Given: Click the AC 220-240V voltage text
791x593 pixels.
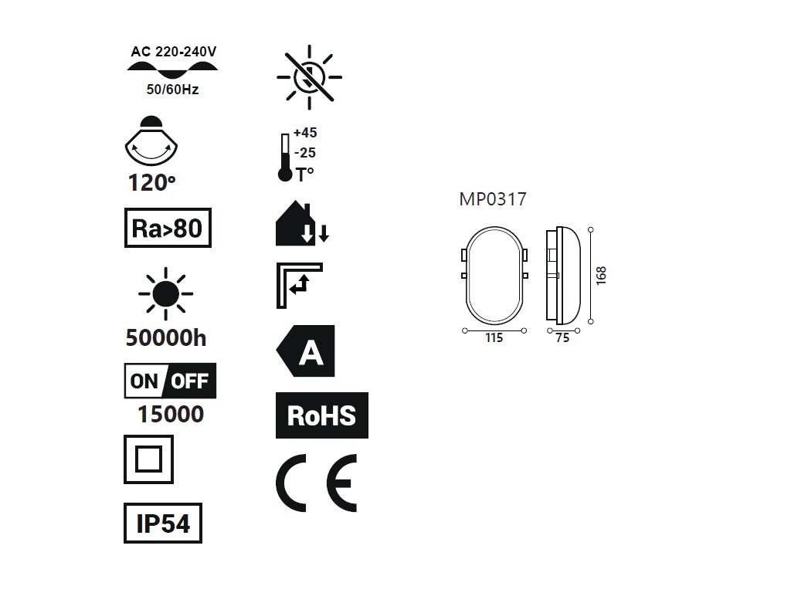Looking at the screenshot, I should (173, 53).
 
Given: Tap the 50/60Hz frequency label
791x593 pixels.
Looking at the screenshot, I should (172, 90).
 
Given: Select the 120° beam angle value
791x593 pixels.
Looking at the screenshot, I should (150, 183).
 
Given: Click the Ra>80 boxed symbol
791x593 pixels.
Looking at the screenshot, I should (168, 229).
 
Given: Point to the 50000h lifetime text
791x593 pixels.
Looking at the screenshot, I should (165, 337).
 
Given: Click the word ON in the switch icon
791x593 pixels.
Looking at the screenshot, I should (144, 381).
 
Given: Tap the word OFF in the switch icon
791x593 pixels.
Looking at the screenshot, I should (189, 381).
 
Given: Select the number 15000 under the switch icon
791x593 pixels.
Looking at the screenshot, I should (170, 415).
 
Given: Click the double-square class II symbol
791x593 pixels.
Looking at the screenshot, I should (148, 459).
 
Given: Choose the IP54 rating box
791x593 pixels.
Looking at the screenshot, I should (163, 524).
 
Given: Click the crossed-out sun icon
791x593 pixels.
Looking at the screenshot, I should (309, 77).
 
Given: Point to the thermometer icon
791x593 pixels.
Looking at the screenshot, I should (284, 158).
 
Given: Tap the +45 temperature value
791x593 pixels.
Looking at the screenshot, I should (305, 132).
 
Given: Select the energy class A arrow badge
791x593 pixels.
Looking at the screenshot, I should (307, 351).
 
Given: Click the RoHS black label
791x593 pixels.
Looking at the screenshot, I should (321, 415).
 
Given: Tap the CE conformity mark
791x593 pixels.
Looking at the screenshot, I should (317, 483).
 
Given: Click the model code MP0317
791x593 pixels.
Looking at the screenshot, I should (493, 200).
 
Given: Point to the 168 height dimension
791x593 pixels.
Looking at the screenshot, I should (601, 275).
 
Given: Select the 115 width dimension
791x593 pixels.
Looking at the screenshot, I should (494, 338).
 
